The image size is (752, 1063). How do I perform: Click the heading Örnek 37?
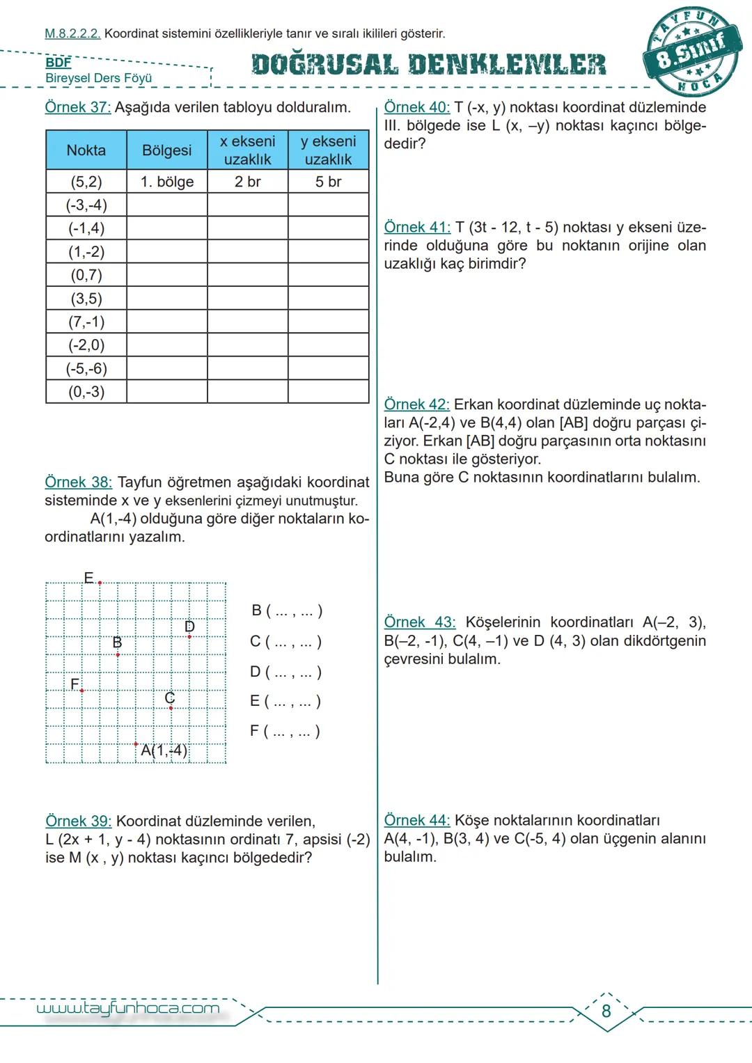78,108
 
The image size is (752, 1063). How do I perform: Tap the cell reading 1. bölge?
167,182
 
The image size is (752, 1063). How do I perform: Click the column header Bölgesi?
167,150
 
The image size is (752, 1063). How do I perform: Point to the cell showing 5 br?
328,182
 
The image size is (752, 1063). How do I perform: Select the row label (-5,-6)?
86,368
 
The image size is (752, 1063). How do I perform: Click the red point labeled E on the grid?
100,583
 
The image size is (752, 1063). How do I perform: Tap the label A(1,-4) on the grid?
164,750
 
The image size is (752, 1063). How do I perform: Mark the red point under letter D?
189,636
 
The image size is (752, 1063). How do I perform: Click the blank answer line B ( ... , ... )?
286,611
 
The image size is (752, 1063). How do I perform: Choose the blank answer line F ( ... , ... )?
285,731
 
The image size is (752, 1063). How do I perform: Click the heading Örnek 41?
417,228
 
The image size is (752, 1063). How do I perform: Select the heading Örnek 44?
417,821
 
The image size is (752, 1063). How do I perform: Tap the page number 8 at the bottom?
606,1011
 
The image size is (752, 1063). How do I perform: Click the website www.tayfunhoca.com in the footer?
128,1008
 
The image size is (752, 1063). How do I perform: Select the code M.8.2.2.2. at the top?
72,33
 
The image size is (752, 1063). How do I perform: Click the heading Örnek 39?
78,821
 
